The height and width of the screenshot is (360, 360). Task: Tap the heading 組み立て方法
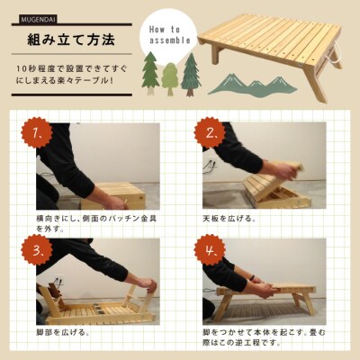67,40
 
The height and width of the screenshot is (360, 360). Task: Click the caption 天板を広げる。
229,218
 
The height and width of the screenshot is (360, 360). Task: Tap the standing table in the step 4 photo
270,297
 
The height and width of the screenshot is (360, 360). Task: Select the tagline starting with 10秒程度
68,75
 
